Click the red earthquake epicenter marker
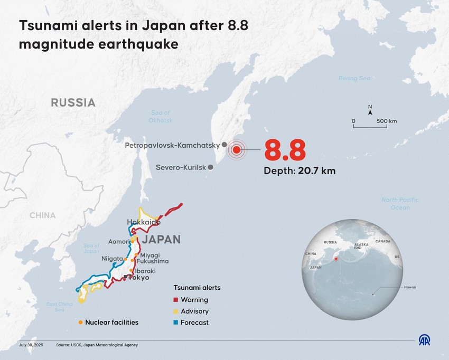coord(237,150)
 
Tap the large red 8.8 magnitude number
coord(285,150)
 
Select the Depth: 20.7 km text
coord(300,170)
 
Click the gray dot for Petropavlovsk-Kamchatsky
coord(224,144)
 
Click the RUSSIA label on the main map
coord(73,102)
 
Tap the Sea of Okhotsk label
coord(161,117)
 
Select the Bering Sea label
coord(354,78)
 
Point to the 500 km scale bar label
coord(387,121)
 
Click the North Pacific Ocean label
coord(400,203)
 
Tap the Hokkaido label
coord(144,223)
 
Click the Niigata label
coord(112,259)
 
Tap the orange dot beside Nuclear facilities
coord(80,322)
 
